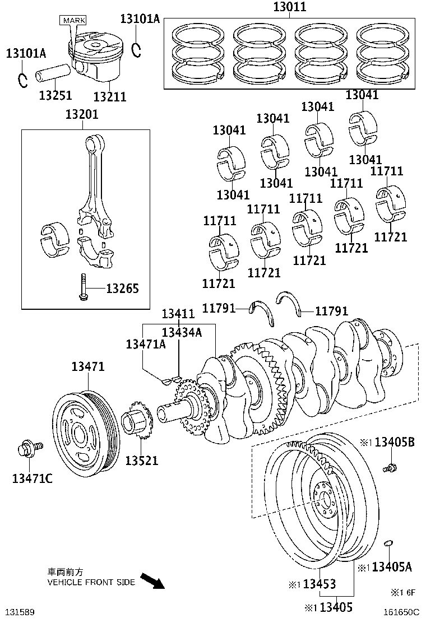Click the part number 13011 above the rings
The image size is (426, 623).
pos(290,8)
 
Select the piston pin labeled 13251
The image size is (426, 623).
pos(54,74)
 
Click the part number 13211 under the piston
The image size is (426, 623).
pos(109,97)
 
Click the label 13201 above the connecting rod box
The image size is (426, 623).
pos(82,115)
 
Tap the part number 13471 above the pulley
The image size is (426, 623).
pos(87,367)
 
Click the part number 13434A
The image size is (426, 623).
pos(182,332)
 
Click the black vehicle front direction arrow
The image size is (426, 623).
pos(151,580)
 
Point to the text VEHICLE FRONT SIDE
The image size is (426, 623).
pos(91,582)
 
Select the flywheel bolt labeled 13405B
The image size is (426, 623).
pos(389,466)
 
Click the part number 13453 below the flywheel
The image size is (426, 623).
pos(319,584)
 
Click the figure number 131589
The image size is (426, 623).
pos(20,611)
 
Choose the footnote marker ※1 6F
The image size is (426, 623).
pos(402,592)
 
